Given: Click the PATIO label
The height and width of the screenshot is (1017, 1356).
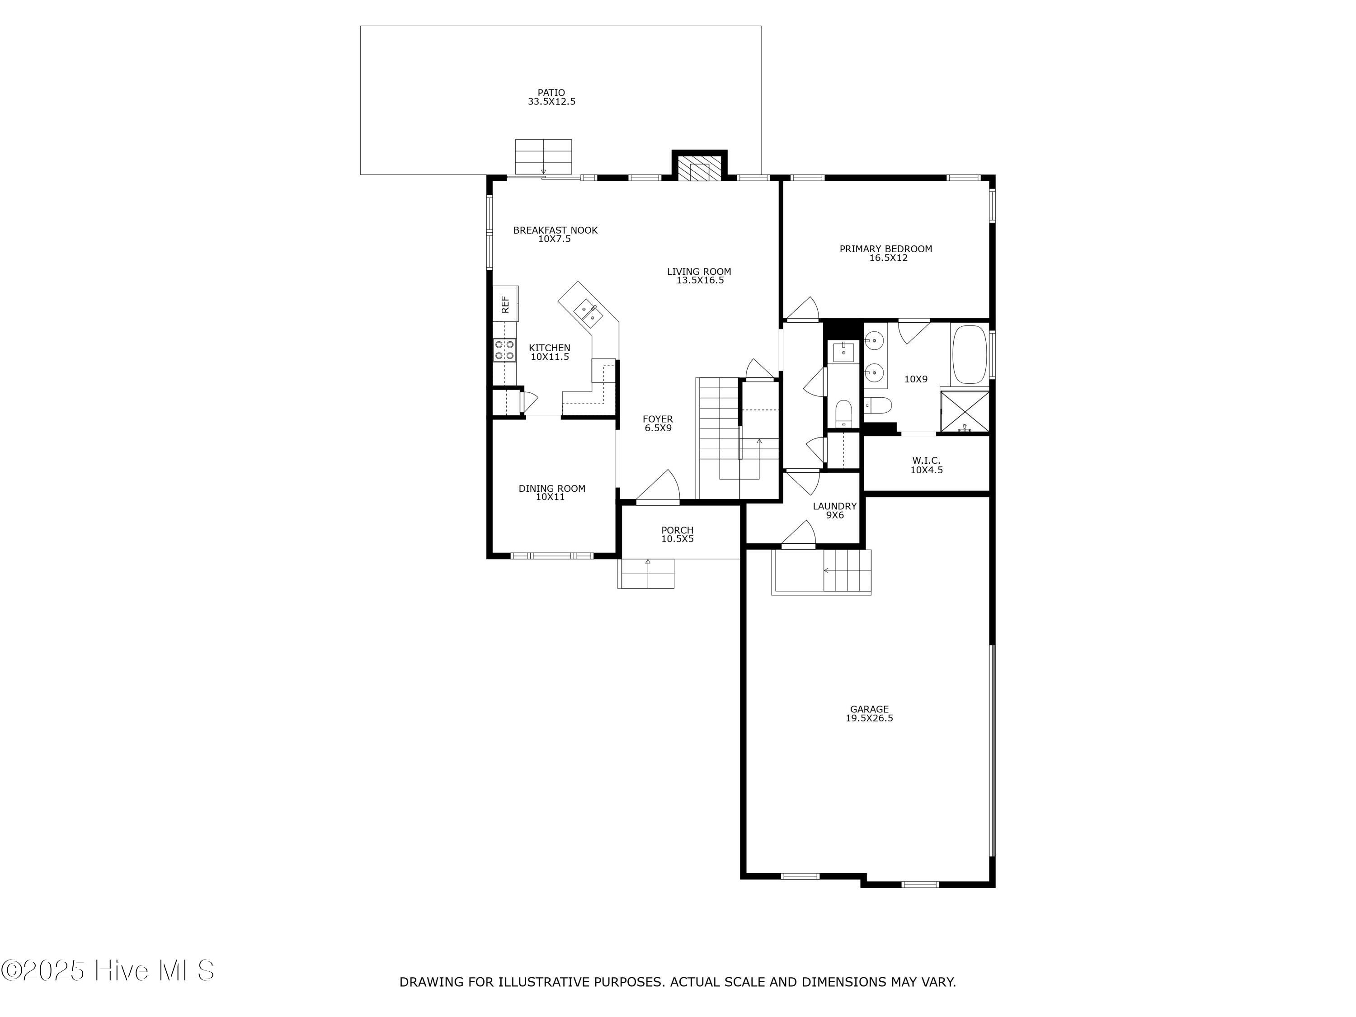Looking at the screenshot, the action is [551, 93].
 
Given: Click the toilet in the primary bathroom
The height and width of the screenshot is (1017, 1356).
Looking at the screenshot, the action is [876, 405].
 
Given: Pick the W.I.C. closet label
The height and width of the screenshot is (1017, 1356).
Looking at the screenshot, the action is [926, 461].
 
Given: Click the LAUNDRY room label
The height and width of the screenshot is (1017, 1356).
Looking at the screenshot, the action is [835, 506].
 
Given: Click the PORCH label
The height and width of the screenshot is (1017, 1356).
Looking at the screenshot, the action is [678, 530].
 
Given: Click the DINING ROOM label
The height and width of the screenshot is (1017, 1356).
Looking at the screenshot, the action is [552, 489].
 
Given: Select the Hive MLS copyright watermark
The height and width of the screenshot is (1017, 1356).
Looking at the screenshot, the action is [108, 970].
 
